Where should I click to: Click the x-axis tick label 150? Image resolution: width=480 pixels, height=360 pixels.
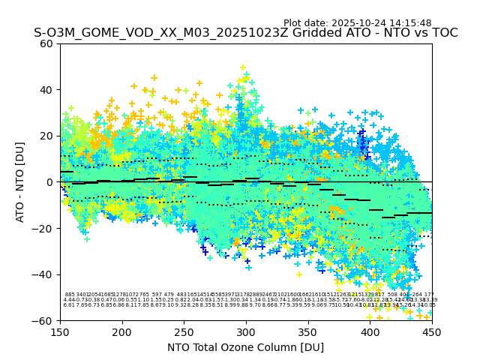[x=60, y=331]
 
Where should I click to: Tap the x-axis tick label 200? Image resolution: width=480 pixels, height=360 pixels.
[x=122, y=331]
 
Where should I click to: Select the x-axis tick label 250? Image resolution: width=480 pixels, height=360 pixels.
[x=184, y=331]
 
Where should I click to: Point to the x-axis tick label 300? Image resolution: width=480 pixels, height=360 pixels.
[x=246, y=331]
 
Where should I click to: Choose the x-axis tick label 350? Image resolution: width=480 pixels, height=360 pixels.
[x=308, y=331]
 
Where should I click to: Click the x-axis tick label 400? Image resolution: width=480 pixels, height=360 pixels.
[x=370, y=331]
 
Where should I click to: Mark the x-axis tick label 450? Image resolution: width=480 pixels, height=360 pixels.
[x=432, y=331]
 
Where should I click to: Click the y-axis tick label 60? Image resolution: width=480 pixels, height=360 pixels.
[x=46, y=43]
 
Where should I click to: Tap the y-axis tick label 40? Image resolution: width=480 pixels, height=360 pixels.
[x=46, y=90]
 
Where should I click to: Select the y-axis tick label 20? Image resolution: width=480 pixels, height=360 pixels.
[x=46, y=136]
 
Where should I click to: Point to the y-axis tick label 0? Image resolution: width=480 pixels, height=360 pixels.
[x=49, y=182]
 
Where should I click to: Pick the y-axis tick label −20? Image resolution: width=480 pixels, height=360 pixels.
[x=43, y=228]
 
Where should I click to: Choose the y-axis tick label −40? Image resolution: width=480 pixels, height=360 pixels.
[x=43, y=274]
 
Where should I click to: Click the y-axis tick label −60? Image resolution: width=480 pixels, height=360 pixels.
[x=43, y=320]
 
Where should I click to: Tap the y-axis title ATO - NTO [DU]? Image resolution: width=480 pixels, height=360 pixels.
[x=20, y=182]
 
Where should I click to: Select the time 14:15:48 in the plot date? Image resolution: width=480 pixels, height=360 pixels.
[x=406, y=23]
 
